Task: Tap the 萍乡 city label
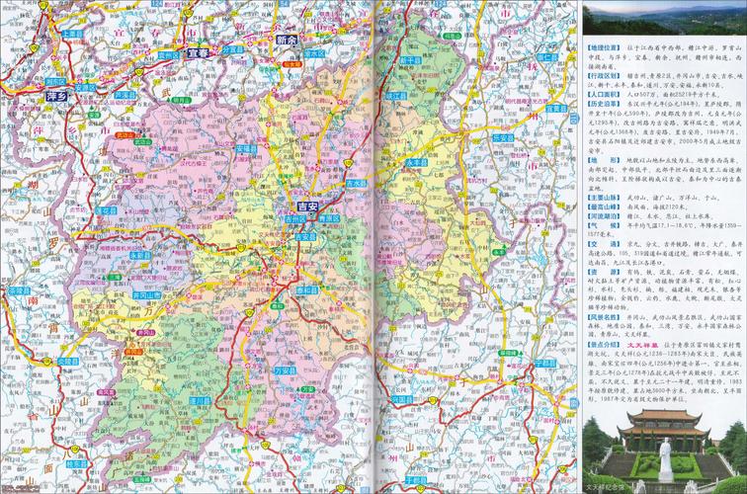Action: coord(58,96)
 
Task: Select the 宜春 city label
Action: coord(199,52)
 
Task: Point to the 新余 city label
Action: coord(287,41)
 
